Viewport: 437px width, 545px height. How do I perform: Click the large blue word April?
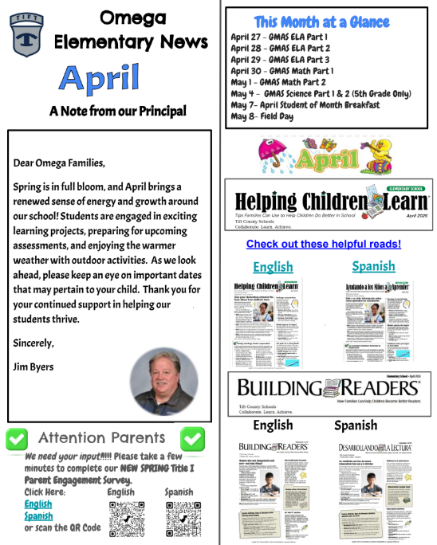[x=100, y=77]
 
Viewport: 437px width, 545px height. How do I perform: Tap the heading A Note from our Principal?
[x=117, y=111]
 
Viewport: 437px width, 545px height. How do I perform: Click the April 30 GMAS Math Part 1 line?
[x=293, y=70]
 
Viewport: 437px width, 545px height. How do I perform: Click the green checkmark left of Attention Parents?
[x=17, y=437]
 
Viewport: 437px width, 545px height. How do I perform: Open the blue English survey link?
[x=37, y=504]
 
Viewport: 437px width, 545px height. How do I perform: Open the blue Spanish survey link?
[x=38, y=516]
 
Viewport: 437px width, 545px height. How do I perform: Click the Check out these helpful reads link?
[x=323, y=244]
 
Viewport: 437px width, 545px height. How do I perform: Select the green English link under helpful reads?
[x=273, y=266]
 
